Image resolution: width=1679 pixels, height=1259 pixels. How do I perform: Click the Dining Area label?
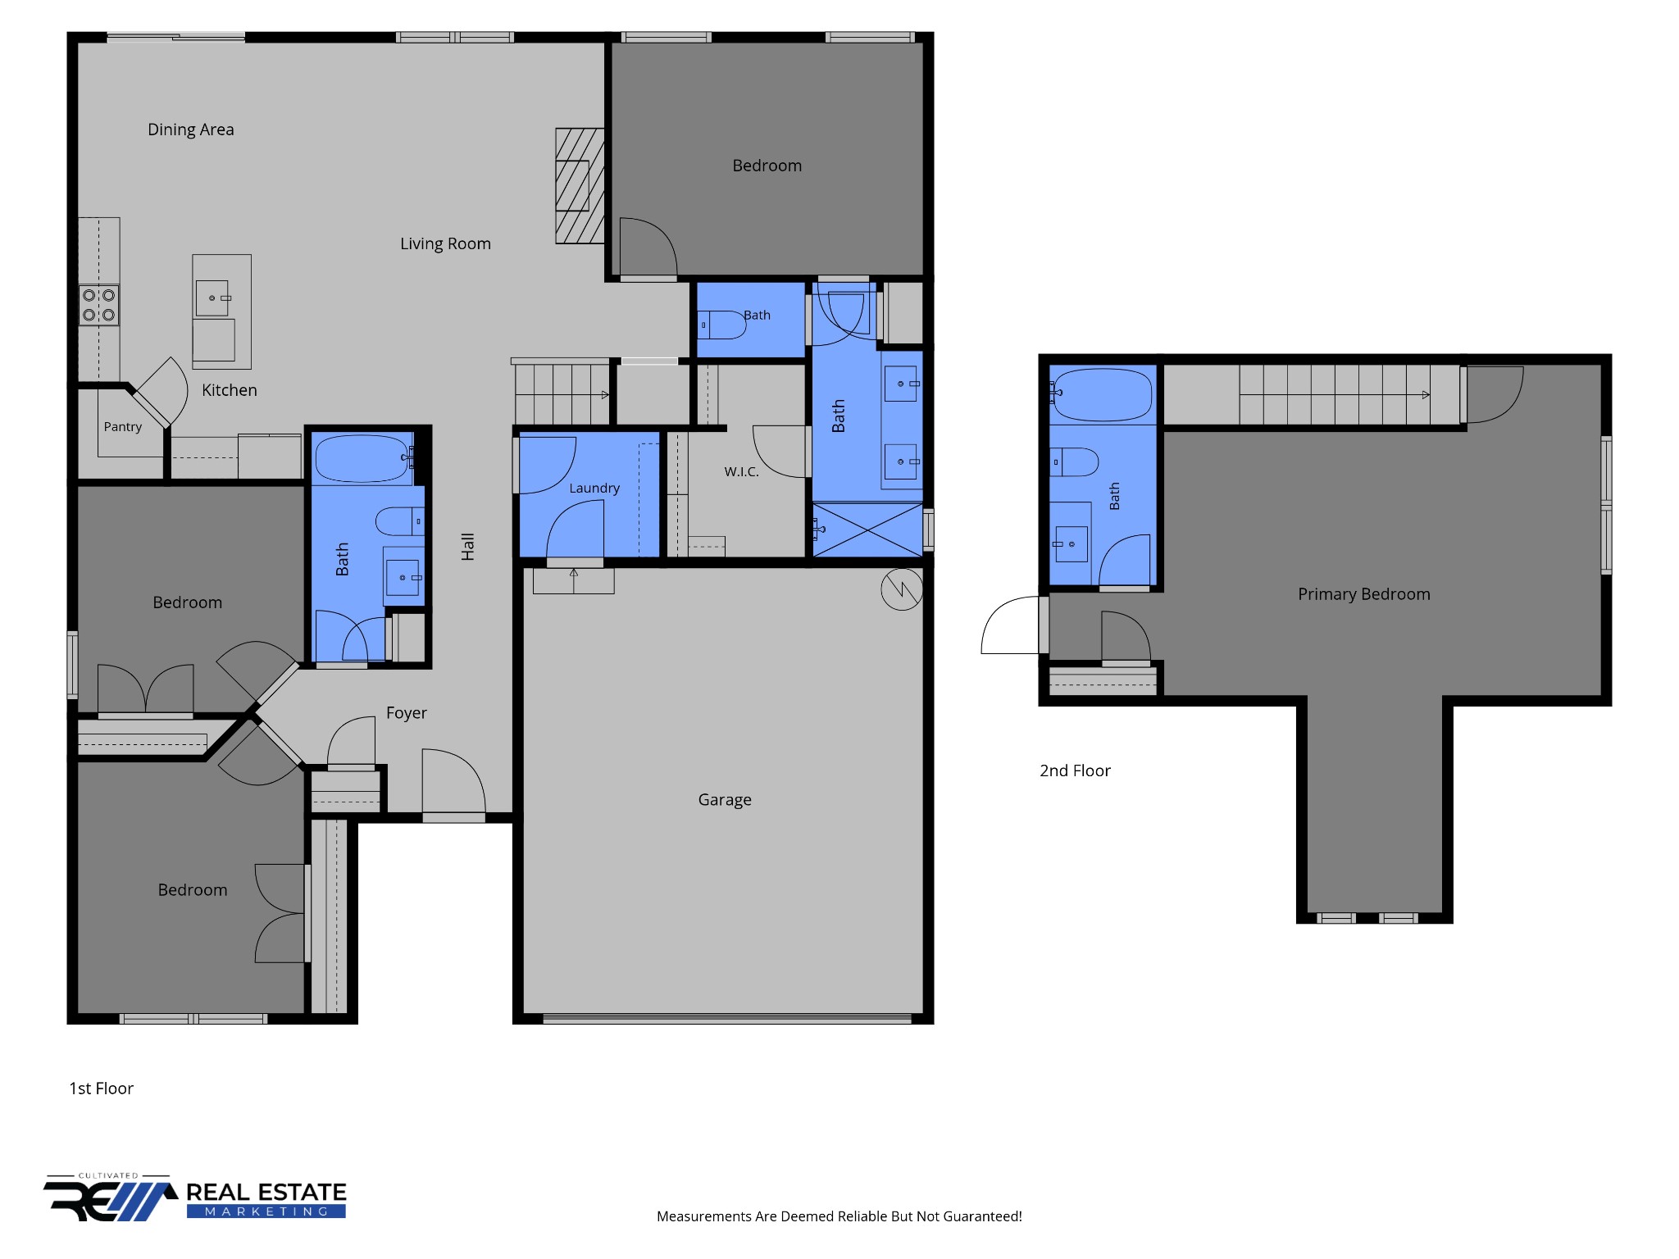click(x=190, y=130)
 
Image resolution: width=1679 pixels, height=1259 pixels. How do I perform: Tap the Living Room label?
click(x=445, y=243)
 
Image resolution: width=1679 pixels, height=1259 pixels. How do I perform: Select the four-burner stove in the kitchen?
click(x=98, y=305)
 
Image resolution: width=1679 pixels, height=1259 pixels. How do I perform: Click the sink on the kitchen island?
click(x=212, y=298)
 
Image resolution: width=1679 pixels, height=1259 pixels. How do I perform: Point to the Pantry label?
click(x=122, y=427)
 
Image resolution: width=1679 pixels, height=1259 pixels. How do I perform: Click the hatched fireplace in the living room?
click(x=580, y=186)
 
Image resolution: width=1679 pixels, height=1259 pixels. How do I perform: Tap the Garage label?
click(x=725, y=800)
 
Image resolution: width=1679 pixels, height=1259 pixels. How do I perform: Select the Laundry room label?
click(x=594, y=489)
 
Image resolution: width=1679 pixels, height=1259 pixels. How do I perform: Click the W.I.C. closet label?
click(x=741, y=472)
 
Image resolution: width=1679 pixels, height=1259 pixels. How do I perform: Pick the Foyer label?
click(x=407, y=713)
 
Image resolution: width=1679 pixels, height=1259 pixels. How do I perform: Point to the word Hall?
click(x=468, y=547)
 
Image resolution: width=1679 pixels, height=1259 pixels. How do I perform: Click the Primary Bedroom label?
click(x=1363, y=594)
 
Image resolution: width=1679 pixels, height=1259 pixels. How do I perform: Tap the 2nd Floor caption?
click(x=1075, y=770)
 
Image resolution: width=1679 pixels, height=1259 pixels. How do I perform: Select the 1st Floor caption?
click(x=101, y=1089)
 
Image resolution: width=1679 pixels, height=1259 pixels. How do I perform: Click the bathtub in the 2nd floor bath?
click(x=1103, y=394)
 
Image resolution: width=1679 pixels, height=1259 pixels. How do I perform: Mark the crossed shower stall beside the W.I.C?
click(x=867, y=530)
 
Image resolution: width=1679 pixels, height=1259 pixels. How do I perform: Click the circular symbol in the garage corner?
click(x=902, y=589)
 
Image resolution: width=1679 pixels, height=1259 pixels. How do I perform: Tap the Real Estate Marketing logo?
click(x=195, y=1198)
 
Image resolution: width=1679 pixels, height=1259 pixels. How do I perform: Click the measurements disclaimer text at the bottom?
click(x=839, y=1216)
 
